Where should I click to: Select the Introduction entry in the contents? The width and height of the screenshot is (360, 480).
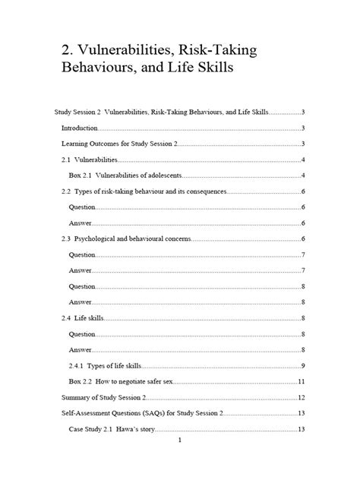tap(80, 128)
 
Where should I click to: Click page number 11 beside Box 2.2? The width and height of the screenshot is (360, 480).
tap(302, 381)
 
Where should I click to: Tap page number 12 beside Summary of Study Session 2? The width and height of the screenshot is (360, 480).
tap(302, 398)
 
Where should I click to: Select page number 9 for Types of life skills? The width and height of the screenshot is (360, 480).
tap(303, 366)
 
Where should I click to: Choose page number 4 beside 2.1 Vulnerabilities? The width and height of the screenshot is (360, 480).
tap(303, 161)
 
